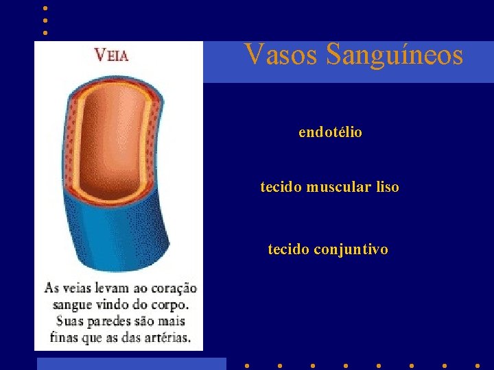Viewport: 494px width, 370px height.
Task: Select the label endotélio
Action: coord(330,132)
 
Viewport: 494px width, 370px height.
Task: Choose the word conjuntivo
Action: coord(351,250)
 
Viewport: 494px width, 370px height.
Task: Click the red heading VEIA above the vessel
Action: coord(111,56)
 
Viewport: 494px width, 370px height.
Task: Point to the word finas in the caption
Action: coord(64,338)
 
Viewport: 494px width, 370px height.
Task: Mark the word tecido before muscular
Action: coord(281,187)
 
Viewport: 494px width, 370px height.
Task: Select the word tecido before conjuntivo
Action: coord(288,250)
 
